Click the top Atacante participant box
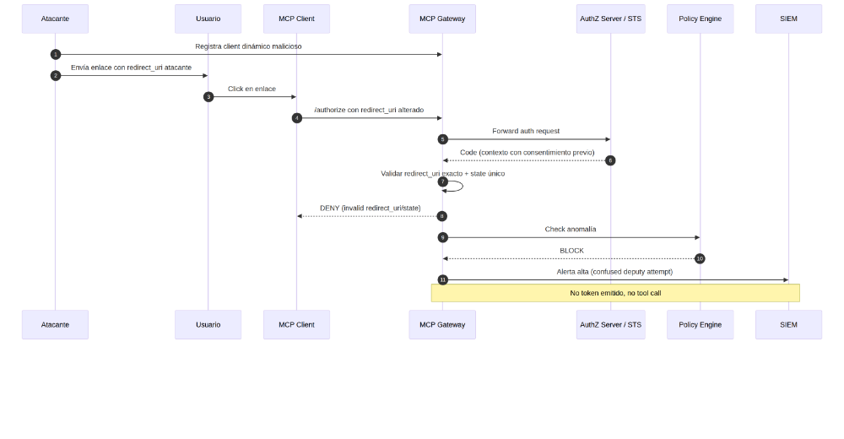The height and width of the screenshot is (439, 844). click(x=55, y=19)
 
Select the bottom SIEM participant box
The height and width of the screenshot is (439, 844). click(x=788, y=324)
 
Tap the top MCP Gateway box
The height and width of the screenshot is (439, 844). click(x=442, y=19)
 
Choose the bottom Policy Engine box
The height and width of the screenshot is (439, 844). click(x=700, y=324)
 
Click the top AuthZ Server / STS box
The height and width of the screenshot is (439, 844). click(x=610, y=19)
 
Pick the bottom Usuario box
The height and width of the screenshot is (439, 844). click(x=208, y=324)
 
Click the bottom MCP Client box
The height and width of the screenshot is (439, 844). click(x=296, y=324)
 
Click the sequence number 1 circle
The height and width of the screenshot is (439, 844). click(x=56, y=54)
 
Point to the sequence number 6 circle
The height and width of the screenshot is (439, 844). click(x=610, y=160)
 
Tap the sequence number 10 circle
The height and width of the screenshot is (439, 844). click(x=700, y=258)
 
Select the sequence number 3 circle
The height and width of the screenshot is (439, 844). click(x=208, y=96)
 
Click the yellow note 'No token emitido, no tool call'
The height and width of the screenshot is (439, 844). click(x=615, y=293)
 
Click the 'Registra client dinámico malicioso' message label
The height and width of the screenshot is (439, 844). click(x=248, y=46)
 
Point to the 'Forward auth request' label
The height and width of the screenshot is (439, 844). click(x=526, y=131)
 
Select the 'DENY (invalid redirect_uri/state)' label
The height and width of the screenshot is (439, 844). click(x=370, y=208)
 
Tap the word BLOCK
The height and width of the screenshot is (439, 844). click(x=571, y=251)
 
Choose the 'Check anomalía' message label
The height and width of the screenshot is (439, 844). click(x=571, y=229)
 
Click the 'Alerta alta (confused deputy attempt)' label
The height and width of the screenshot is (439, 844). click(x=614, y=272)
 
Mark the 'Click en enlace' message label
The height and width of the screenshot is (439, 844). click(x=252, y=89)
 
